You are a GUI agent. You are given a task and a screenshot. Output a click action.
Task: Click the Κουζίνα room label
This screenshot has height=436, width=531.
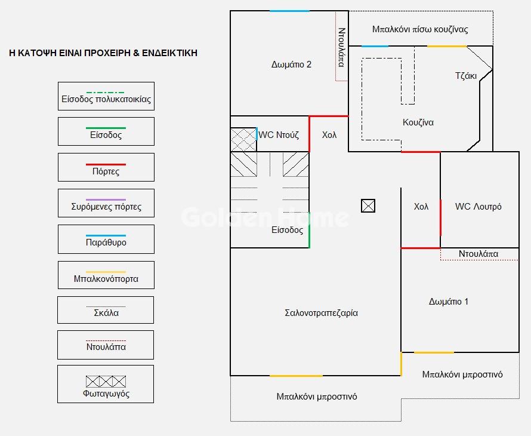tap(418, 122)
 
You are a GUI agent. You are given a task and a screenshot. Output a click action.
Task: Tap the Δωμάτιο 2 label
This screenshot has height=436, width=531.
tap(291, 65)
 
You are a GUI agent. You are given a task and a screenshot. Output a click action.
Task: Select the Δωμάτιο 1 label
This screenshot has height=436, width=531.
tap(449, 302)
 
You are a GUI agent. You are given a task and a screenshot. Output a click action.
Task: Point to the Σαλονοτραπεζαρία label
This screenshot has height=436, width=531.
tap(321, 313)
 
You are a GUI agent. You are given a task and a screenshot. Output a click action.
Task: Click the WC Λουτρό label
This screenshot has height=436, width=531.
tap(478, 207)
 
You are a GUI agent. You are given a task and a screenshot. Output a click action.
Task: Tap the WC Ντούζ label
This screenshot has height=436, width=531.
tap(279, 135)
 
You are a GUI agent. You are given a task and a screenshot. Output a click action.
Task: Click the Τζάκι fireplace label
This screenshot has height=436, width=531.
tap(465, 76)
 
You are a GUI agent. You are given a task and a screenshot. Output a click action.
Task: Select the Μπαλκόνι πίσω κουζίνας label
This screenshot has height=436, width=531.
tap(420, 29)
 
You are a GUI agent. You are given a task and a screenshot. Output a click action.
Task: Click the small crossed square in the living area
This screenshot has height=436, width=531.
tap(368, 206)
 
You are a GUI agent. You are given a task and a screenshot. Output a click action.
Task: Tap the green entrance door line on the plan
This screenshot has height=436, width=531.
tap(309, 236)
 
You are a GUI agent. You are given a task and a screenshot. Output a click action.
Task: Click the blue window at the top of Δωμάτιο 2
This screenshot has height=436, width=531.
tap(289, 11)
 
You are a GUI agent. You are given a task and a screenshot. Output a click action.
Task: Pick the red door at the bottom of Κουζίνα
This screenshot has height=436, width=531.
tap(420, 152)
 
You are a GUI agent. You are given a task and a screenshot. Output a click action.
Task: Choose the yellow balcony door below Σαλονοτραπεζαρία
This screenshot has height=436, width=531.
tap(296, 376)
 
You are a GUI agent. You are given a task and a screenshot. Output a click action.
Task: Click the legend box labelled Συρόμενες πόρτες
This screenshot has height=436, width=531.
tap(106, 203)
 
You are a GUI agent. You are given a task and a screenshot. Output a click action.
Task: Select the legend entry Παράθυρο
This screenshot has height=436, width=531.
tap(106, 239)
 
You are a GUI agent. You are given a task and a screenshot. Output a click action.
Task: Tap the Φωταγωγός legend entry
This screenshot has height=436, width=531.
tap(106, 384)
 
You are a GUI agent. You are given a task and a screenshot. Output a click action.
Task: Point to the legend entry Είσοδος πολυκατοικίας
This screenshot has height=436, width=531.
tap(106, 96)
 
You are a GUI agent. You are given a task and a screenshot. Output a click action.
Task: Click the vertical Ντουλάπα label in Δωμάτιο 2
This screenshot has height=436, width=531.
tap(342, 47)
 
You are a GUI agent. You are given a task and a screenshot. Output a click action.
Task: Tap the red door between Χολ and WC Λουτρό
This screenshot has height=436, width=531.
tap(440, 217)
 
